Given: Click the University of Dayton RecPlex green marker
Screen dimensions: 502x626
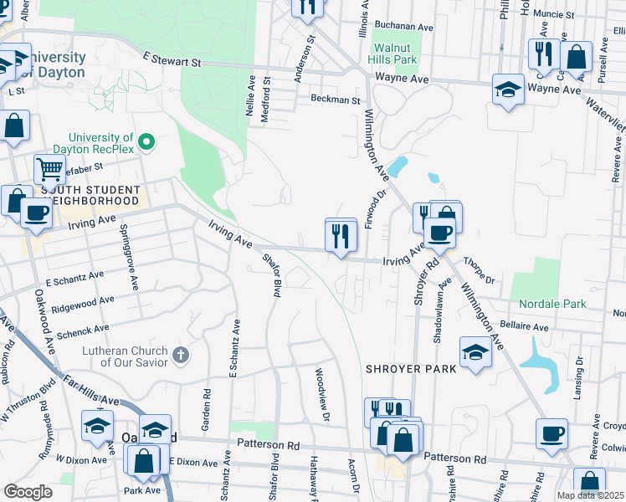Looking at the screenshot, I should [147, 142].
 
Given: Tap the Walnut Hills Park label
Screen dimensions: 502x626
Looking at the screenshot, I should [395, 54].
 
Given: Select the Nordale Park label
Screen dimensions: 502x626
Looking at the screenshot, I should [552, 304].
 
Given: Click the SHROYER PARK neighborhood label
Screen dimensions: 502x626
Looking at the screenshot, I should [410, 368].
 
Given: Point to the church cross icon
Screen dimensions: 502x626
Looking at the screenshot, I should [180, 356].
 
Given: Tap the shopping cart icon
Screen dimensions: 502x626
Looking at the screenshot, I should [49, 170].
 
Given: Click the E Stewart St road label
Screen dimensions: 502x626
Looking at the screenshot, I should [172, 61].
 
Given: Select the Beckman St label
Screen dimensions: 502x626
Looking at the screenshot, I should [335, 100].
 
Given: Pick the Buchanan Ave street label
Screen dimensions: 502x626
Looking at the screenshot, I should [404, 27].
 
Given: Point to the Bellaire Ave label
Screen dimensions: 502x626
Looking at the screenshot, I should [524, 326].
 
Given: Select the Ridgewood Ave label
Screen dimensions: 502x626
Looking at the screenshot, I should [83, 304].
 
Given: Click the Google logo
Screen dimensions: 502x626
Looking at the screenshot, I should [28, 492].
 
